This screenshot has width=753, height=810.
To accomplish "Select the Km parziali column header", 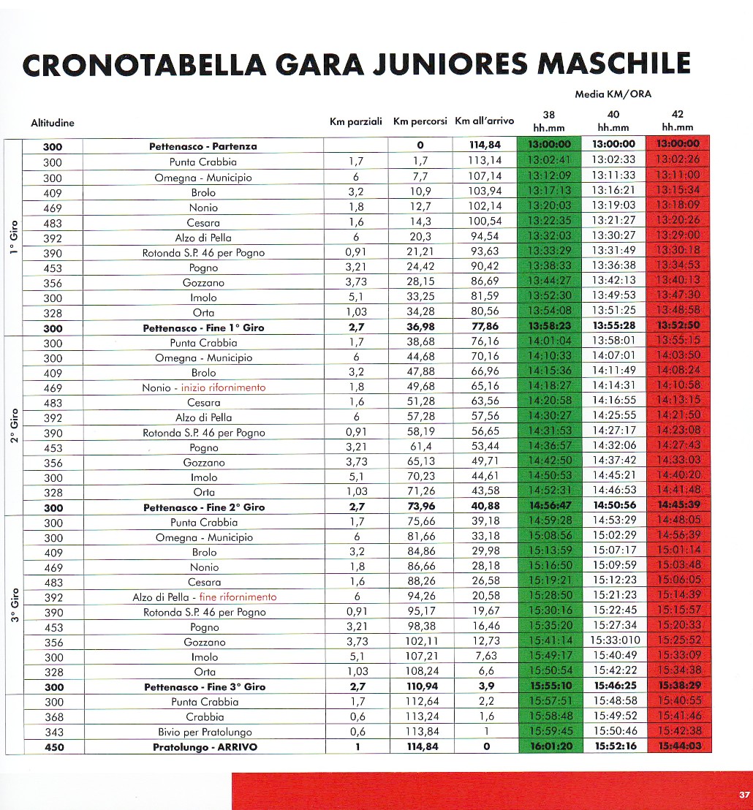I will (356, 121).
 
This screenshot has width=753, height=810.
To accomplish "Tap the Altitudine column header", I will (53, 123).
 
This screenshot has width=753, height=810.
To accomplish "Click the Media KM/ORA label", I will (613, 94).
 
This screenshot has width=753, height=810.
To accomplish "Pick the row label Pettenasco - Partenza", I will (203, 146).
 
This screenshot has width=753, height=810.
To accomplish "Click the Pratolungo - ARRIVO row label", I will (203, 747).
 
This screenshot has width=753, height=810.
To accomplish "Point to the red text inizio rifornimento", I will (224, 387).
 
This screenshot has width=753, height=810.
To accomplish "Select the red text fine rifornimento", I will (238, 597).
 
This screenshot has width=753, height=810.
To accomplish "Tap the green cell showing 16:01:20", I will (553, 747).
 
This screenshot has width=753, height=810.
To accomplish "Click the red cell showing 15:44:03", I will (680, 747).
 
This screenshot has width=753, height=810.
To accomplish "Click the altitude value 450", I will (53, 747).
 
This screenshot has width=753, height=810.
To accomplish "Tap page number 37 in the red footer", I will (744, 795).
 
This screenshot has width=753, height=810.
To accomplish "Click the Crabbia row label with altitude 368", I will (204, 717).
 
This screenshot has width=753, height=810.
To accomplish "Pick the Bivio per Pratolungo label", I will (204, 732).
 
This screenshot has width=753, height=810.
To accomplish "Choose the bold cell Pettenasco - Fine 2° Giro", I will (203, 507).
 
